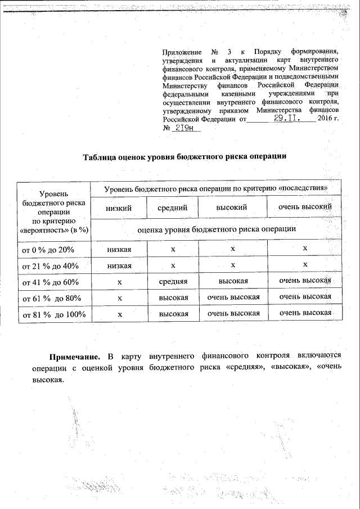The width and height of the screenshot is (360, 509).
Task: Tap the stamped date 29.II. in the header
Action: [x=286, y=119]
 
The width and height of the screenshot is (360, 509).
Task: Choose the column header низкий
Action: [x=119, y=208]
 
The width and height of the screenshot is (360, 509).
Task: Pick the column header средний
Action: [x=173, y=208]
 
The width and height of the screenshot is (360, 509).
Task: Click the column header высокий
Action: [x=232, y=208]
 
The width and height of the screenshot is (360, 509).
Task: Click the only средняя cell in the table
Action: [x=173, y=281]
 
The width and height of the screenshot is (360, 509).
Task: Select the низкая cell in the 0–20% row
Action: [x=119, y=249]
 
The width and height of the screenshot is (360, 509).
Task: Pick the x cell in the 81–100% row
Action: [x=119, y=314]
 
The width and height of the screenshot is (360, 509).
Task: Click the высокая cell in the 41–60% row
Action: [x=232, y=281]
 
